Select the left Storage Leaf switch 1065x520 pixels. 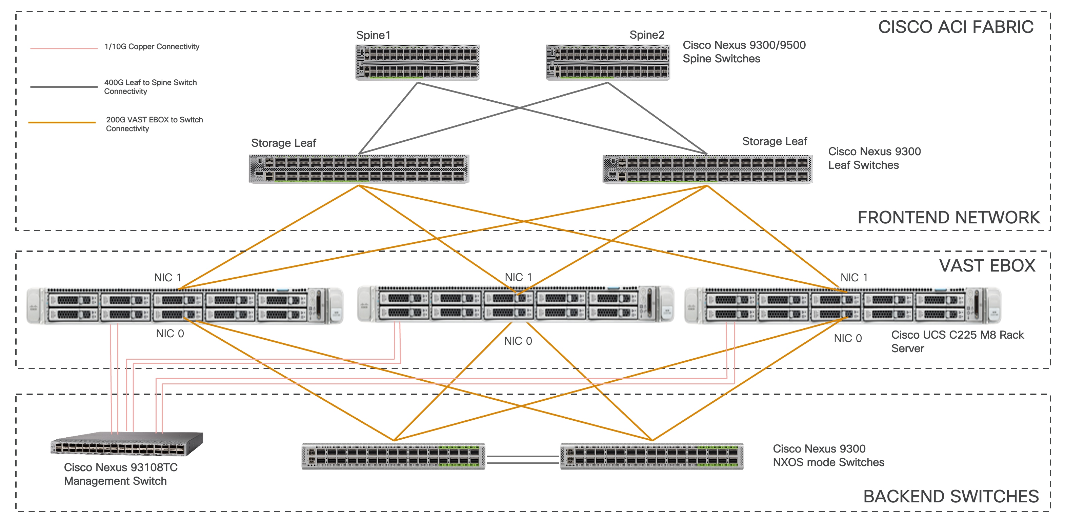[x=359, y=169]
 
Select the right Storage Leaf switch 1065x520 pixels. [x=707, y=169]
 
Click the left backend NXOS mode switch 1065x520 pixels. [x=393, y=456]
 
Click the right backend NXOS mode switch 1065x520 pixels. [x=651, y=456]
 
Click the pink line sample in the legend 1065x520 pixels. [x=64, y=48]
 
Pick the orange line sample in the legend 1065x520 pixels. [x=62, y=122]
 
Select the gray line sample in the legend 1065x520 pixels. [x=64, y=87]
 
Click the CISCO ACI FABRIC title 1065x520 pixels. [x=956, y=27]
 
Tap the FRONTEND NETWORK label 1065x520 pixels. [x=948, y=217]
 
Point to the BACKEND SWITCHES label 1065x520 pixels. [x=951, y=496]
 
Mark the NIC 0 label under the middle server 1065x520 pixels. [x=518, y=341]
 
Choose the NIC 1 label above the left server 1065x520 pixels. [x=167, y=277]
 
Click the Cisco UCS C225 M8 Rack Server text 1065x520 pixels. [x=957, y=341]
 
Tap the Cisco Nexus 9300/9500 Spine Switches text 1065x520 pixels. [x=744, y=52]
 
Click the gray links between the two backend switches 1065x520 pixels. [x=523, y=460]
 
